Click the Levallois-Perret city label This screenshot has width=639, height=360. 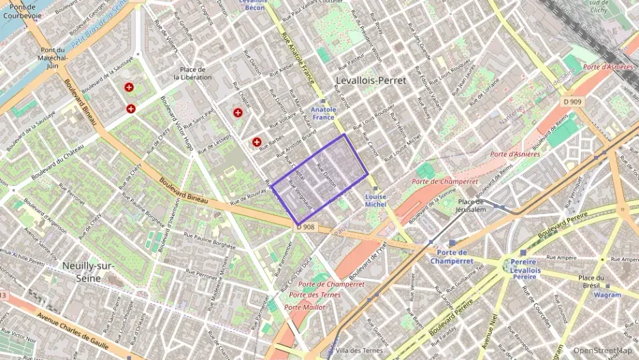pos(371,80)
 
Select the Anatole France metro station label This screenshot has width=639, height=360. pos(323,113)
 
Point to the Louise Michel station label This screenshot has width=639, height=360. pos(375,200)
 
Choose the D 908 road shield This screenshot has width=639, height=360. pos(306,226)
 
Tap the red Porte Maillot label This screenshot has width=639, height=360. pos(304,307)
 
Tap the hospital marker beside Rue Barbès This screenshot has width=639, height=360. pos(257,142)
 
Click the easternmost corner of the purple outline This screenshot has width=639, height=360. pos(369,174)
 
